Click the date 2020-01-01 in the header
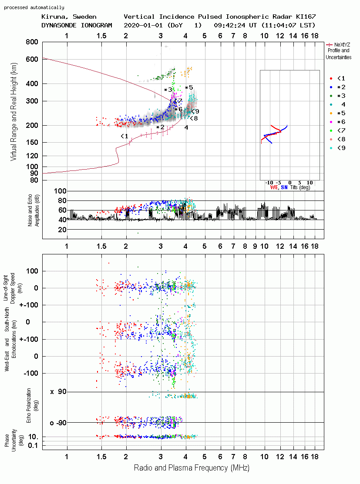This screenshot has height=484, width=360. point(143,25)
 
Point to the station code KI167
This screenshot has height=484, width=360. point(306,17)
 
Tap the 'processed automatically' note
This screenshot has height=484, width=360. point(34,7)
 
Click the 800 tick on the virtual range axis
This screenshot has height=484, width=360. point(32,42)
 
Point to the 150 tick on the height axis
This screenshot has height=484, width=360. point(32,142)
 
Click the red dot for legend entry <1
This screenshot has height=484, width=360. point(331,78)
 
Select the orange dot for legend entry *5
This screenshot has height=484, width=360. point(331,113)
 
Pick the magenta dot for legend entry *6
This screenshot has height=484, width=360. point(331,122)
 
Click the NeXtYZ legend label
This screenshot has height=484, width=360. point(342,45)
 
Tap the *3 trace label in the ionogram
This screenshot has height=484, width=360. point(168,90)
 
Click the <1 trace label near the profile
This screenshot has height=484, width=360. point(124,136)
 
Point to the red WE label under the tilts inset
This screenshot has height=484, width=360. point(274,187)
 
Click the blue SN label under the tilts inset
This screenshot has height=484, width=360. point(284,187)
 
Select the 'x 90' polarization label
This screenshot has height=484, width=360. point(58,392)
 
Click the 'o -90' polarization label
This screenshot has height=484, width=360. point(58,423)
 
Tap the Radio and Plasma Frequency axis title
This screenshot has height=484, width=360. point(192,468)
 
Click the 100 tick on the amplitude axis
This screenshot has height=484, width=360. point(60,191)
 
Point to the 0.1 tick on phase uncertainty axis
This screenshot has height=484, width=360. point(33,445)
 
